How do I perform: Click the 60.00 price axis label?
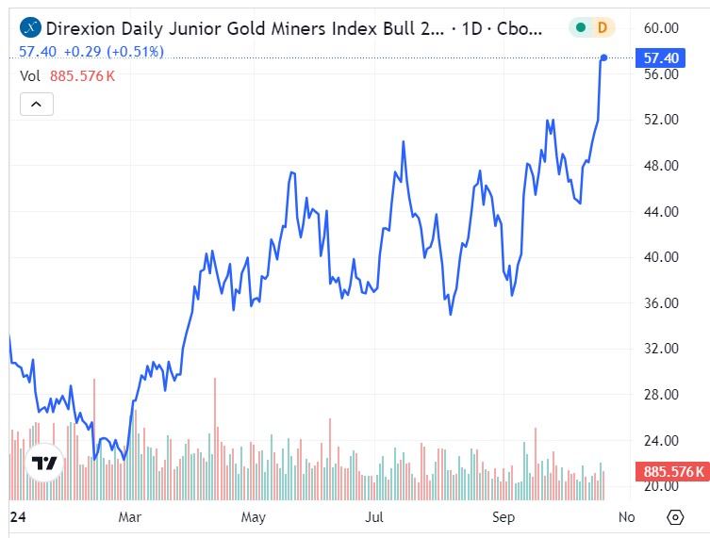[x=661, y=27]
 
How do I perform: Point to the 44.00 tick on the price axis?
[x=661, y=211]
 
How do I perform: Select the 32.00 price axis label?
[x=661, y=349]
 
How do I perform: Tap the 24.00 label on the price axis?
[x=661, y=440]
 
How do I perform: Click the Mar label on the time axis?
[x=130, y=516]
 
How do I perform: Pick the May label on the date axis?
[x=254, y=516]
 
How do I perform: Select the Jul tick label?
[x=375, y=516]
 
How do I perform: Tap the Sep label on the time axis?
[x=501, y=516]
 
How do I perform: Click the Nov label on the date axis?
[x=627, y=516]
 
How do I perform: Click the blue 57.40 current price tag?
[x=661, y=57]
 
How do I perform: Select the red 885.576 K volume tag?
[x=672, y=471]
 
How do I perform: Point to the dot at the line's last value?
[x=603, y=57]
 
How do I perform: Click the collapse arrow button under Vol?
[x=37, y=104]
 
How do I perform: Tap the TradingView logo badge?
[x=43, y=463]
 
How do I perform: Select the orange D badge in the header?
[x=602, y=28]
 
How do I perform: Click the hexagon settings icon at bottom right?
[x=675, y=517]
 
